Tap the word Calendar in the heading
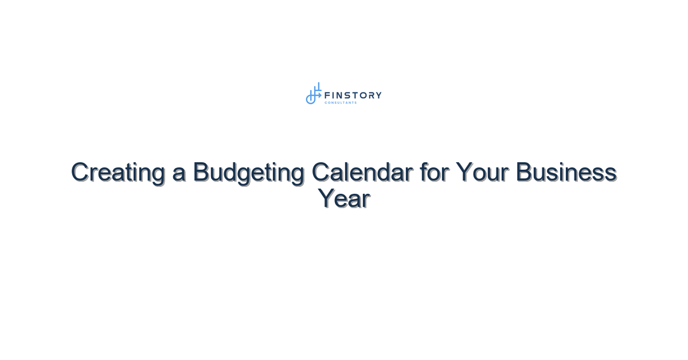tap(362, 172)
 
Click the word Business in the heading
tap(566, 172)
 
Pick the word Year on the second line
tap(343, 198)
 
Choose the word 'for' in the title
tap(434, 172)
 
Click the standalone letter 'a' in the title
tap(179, 174)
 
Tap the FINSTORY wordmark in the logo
tap(353, 95)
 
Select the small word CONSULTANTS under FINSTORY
tap(341, 103)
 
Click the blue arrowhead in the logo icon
tap(320, 95)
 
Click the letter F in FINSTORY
tap(327, 95)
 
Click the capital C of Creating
tap(81, 172)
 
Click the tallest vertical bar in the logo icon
tap(319, 87)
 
